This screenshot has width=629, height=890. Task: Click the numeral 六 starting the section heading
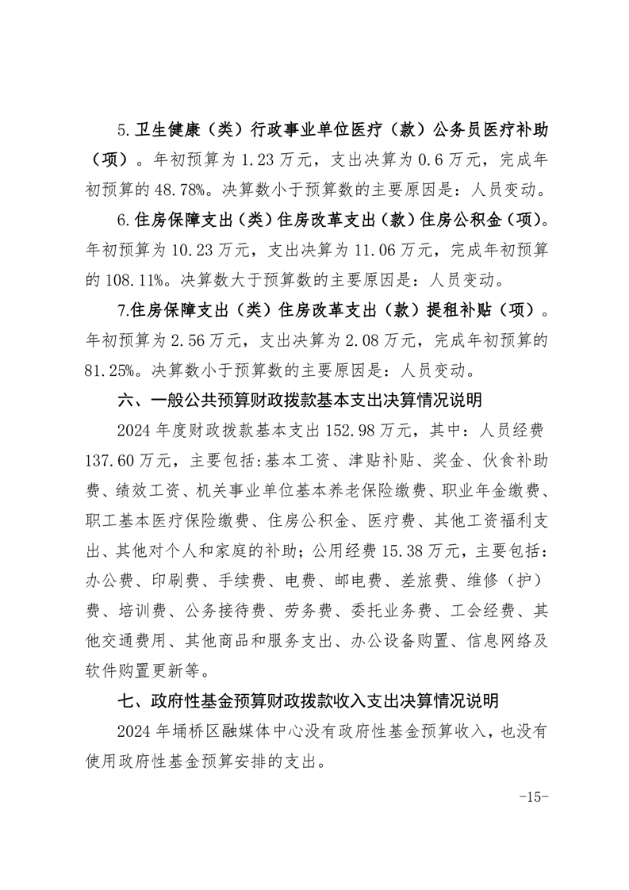124,401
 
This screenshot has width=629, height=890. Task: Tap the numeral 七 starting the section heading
124,701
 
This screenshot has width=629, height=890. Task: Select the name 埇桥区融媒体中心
275,731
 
